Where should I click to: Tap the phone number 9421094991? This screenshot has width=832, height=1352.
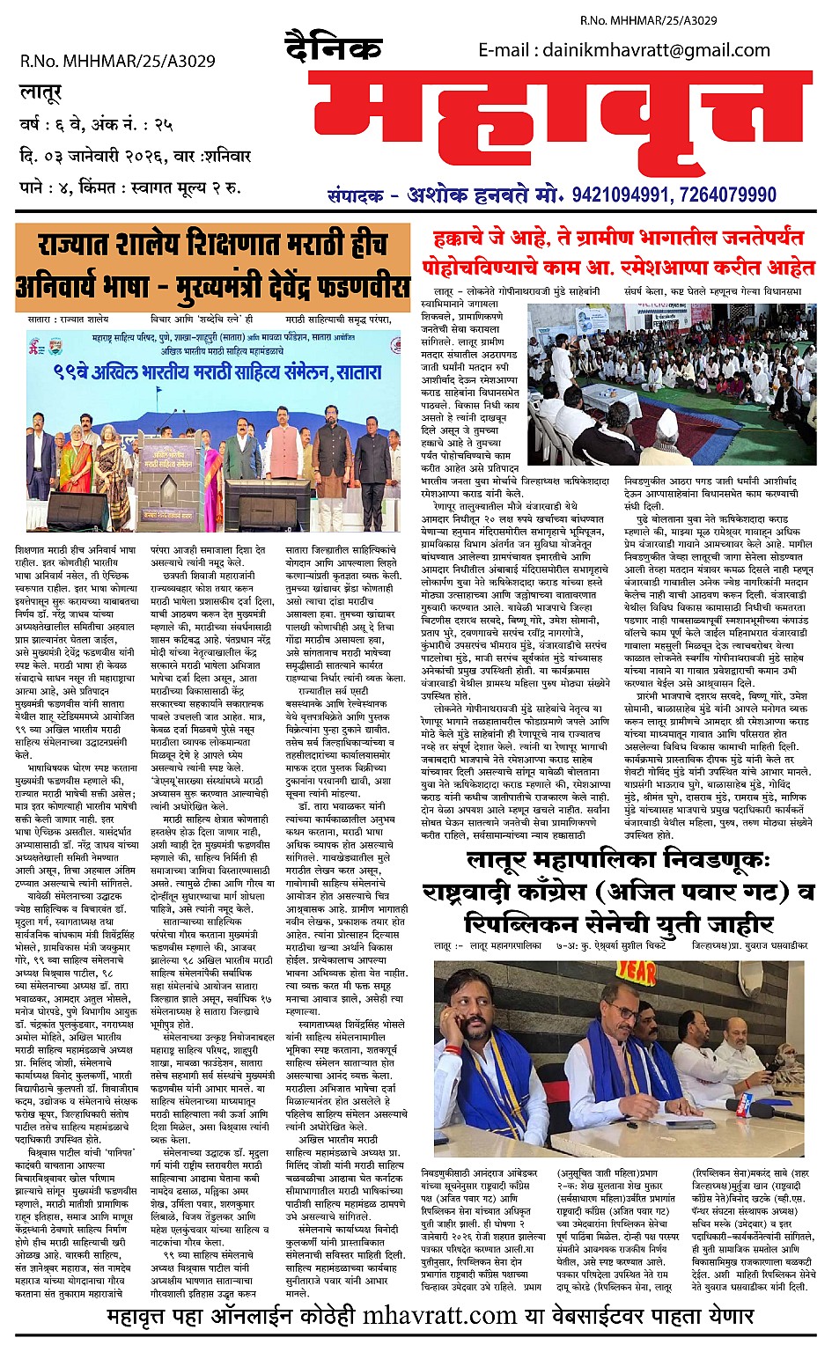(x=629, y=195)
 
